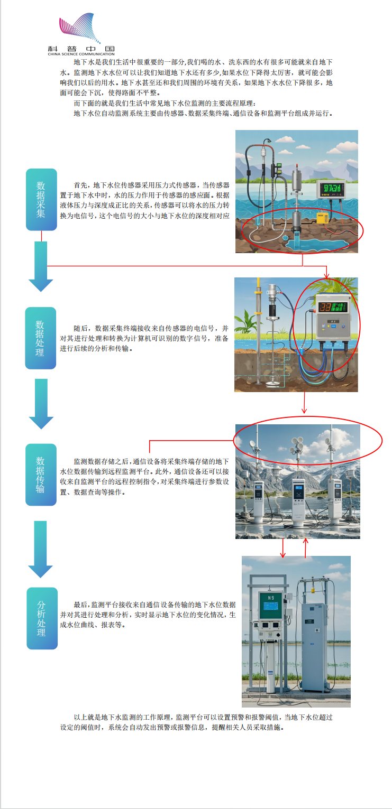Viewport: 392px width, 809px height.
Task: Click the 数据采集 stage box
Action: point(41,199)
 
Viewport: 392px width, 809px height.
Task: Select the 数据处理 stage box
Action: point(41,338)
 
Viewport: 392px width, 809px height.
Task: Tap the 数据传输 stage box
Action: point(41,475)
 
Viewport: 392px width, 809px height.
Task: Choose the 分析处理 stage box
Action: point(42,618)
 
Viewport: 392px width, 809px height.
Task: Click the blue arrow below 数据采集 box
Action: point(41,266)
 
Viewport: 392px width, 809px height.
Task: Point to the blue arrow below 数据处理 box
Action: point(41,404)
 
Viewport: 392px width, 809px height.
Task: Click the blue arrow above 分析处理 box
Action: point(41,549)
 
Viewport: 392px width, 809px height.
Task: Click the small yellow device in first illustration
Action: point(322,217)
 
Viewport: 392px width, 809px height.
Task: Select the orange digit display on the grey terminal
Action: point(325,307)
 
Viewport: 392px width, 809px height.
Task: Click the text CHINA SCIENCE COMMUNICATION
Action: point(81,54)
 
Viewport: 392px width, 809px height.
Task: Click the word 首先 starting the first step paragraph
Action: point(80,185)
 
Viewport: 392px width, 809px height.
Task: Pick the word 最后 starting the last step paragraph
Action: point(80,605)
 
